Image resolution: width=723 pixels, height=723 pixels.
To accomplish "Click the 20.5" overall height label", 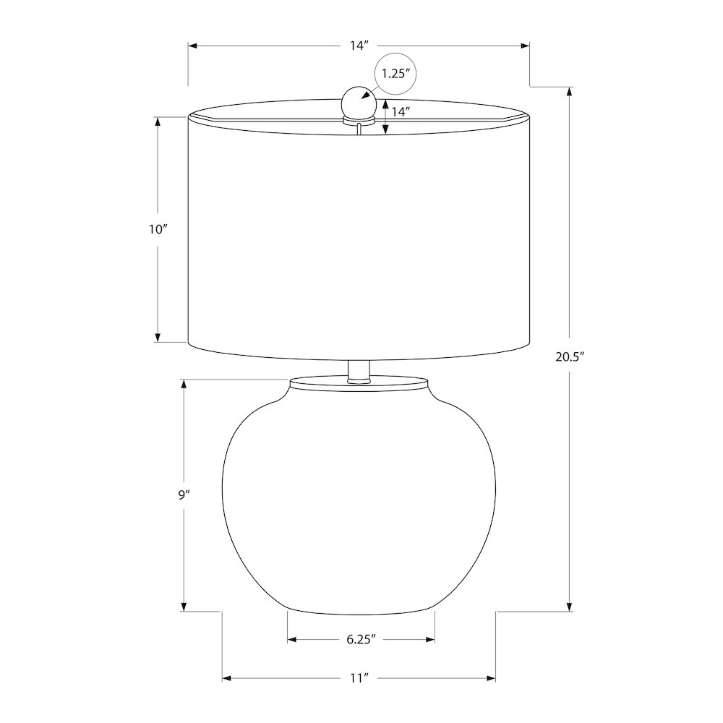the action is click(x=570, y=357).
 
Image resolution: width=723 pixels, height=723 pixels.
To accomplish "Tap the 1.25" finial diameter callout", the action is click(x=395, y=73).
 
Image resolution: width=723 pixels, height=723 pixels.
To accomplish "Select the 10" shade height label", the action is click(x=157, y=229).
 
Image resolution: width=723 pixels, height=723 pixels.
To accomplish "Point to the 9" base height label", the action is click(x=184, y=495).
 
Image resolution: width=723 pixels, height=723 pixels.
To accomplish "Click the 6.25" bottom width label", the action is click(x=361, y=639).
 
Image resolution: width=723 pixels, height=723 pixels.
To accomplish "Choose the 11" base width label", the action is click(x=360, y=678).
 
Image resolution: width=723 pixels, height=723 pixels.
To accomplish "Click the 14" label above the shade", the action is click(x=359, y=46).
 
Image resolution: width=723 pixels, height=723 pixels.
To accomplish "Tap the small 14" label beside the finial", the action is click(x=401, y=111).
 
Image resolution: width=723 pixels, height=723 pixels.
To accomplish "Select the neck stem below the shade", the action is click(x=359, y=371).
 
